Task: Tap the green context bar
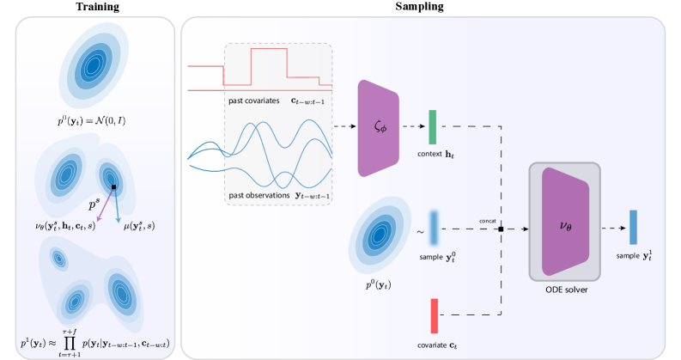point(433,127)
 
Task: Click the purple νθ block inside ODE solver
point(567,223)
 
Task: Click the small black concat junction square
point(501,229)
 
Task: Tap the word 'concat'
point(489,221)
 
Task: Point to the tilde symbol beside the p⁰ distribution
point(420,231)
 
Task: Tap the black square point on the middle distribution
point(112,186)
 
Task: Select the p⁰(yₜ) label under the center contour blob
point(379,284)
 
